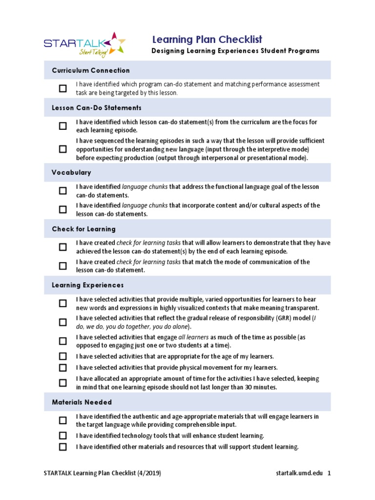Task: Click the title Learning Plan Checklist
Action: coord(207,40)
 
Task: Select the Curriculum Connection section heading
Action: coord(91,70)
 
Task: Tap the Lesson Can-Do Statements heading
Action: coord(97,107)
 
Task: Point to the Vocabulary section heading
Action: coord(71,173)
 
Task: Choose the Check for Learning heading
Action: coord(83,229)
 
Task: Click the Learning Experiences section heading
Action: coord(88,285)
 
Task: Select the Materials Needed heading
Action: coord(82,402)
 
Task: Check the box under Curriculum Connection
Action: coord(63,88)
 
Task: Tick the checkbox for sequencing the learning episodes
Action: coord(63,149)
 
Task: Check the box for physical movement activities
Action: coord(63,368)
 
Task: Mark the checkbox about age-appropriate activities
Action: coord(63,356)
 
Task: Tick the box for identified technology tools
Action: coord(63,436)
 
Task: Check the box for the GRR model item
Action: coord(63,322)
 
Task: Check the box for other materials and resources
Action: coord(63,447)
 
